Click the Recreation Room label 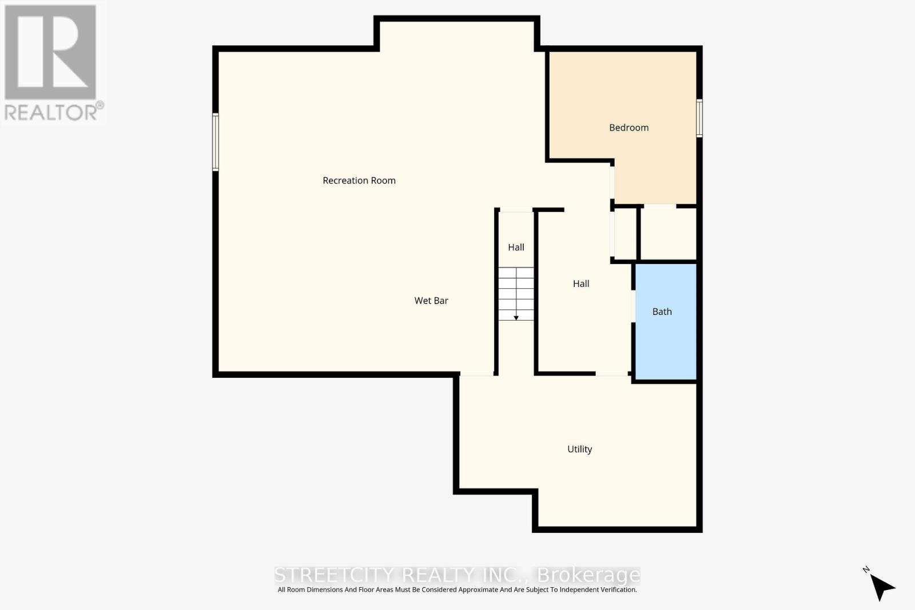359,181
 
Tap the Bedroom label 628,127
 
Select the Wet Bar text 431,301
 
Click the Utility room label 579,449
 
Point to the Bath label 662,312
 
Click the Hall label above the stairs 516,248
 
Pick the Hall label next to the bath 581,284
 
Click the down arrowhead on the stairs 516,317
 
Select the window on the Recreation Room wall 216,142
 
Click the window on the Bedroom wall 699,118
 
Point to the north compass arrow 882,586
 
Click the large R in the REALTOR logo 50,53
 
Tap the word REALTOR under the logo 51,112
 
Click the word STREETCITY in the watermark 333,575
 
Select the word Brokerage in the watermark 588,575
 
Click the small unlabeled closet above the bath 668,233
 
